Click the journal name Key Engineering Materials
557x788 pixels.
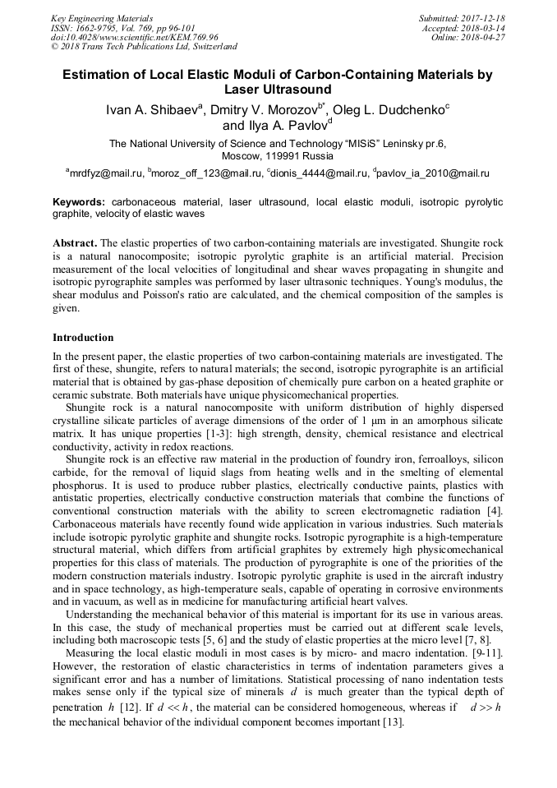(x=102, y=18)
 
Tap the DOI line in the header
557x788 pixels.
(x=135, y=38)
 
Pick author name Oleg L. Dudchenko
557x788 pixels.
(x=395, y=110)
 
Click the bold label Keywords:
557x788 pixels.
(x=79, y=201)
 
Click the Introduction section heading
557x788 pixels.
(x=83, y=338)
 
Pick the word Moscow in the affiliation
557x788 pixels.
(x=242, y=155)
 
